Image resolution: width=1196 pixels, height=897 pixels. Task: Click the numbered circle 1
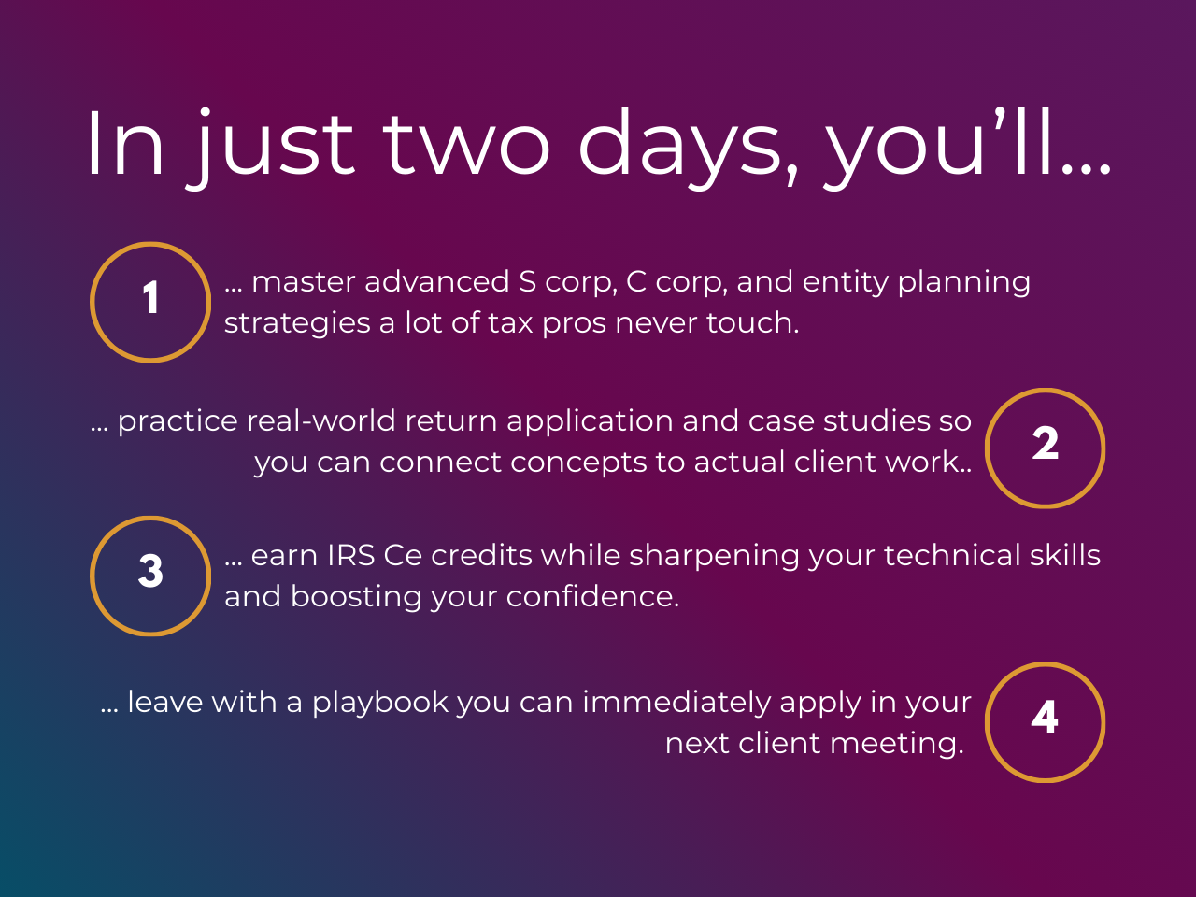click(x=150, y=302)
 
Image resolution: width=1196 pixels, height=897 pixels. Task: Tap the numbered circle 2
click(x=1046, y=448)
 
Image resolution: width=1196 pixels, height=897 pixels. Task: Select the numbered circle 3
click(x=150, y=576)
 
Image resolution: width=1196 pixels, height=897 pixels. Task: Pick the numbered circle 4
click(x=1046, y=721)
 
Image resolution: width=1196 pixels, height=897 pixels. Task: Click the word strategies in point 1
click(x=297, y=323)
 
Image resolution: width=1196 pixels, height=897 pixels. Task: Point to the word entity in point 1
click(x=844, y=281)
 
